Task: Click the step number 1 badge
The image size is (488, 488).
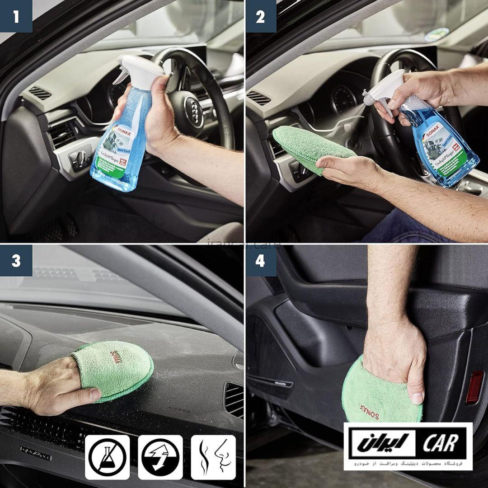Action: (x=16, y=16)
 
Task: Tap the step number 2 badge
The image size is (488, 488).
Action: (x=260, y=16)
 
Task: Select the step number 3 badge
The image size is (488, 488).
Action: (x=16, y=261)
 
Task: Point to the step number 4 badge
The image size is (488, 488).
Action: (x=260, y=261)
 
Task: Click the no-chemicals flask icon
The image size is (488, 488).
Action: (x=108, y=457)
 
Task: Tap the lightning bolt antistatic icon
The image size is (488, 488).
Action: (x=160, y=457)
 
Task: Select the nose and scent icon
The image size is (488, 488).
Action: (x=213, y=457)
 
